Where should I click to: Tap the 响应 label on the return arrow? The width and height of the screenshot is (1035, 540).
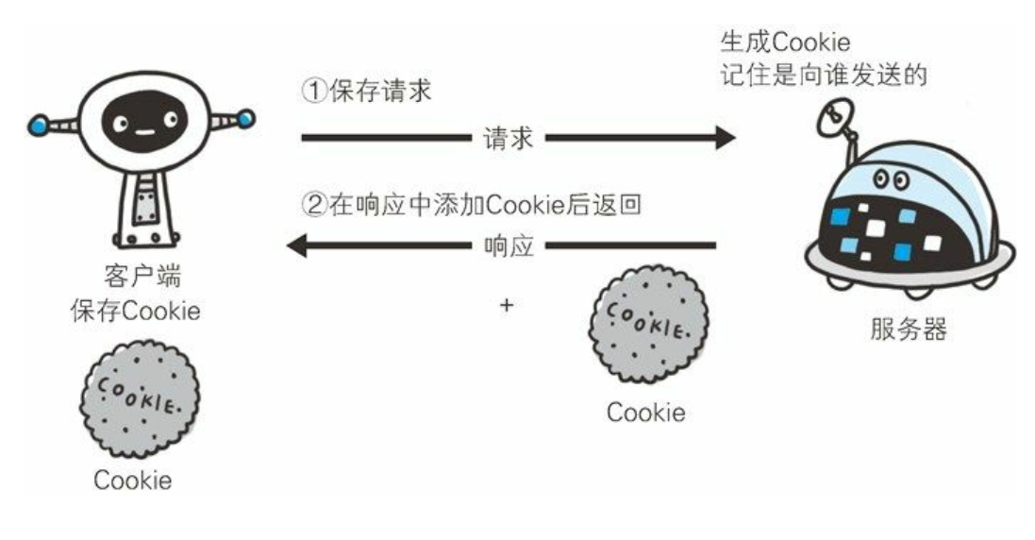pos(508,248)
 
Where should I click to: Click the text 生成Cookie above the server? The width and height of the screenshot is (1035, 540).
pos(783,42)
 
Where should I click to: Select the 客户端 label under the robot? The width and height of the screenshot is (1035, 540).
pos(140,279)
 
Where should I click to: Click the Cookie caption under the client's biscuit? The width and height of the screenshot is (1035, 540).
pos(133,480)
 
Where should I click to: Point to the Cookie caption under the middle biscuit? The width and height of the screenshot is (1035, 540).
pos(646,413)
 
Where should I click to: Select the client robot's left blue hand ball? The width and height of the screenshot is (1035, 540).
pos(37,124)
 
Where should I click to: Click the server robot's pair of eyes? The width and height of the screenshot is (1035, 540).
pos(890,177)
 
